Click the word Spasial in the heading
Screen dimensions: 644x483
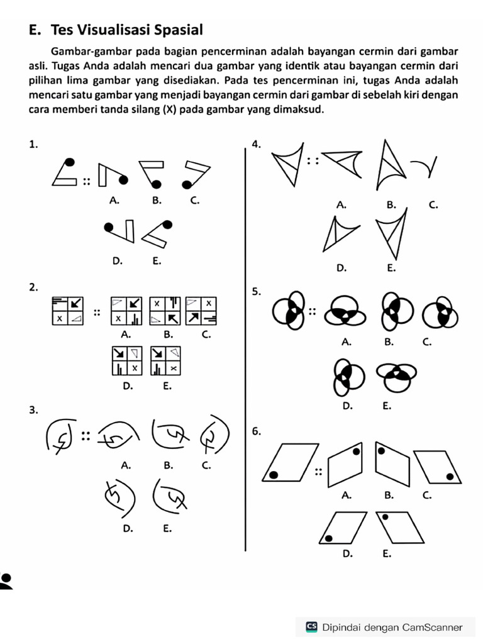[177, 30]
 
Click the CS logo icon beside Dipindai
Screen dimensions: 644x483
[311, 627]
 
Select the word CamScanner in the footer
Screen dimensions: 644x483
[433, 627]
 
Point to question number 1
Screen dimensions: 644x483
[33, 144]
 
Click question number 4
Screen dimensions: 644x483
[255, 144]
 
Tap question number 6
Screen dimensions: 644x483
[256, 431]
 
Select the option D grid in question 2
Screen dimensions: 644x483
[126, 360]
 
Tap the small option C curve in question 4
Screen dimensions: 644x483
[424, 167]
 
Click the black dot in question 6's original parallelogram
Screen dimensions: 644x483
[273, 475]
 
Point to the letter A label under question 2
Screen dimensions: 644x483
[126, 335]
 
